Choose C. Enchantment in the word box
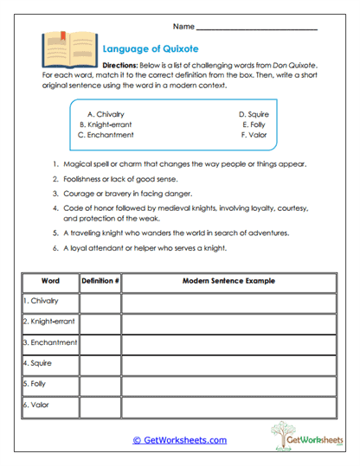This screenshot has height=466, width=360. coord(106,135)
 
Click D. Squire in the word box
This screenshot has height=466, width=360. coord(254,113)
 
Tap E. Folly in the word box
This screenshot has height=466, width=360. coord(256,124)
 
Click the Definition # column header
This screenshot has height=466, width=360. coord(100,281)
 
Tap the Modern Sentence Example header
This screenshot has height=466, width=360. coord(228,281)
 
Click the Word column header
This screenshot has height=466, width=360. coord(48,281)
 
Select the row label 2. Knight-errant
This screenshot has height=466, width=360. coord(48,322)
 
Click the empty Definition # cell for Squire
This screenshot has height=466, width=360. coord(100,363)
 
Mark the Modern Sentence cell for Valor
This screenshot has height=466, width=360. coord(228,405)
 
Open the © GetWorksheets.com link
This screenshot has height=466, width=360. coord(180,440)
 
